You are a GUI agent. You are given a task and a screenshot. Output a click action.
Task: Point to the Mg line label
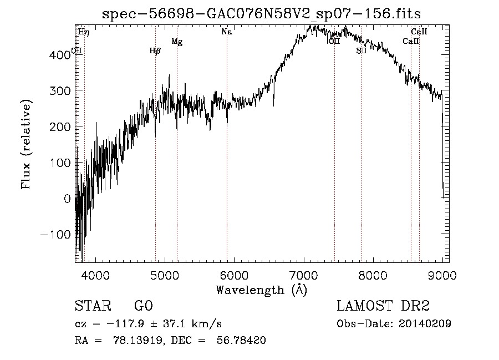(x=177, y=42)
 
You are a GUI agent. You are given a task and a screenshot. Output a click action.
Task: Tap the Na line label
(x=226, y=32)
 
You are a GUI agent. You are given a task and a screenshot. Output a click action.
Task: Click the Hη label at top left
(x=83, y=32)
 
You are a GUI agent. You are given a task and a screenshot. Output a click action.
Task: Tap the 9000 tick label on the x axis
(x=442, y=276)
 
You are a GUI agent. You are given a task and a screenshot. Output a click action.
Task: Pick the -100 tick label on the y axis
(x=57, y=235)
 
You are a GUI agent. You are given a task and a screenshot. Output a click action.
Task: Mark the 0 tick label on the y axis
(x=68, y=199)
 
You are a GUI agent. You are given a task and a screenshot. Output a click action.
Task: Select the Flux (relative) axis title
(x=27, y=144)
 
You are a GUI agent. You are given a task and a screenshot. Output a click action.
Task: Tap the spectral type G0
(x=143, y=306)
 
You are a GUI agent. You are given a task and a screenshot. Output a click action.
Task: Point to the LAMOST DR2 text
(x=383, y=306)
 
